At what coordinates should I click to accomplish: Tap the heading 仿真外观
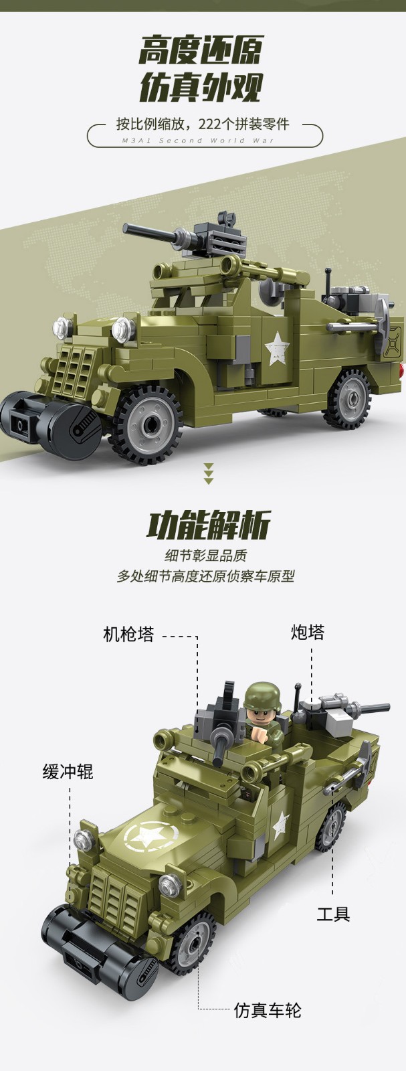point(201,88)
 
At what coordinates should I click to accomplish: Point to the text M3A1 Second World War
point(198,141)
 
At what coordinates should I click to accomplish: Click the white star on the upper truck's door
point(277,348)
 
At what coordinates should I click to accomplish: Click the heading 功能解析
point(208,525)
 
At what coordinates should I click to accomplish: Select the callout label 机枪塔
point(129,635)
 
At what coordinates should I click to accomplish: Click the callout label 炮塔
point(308,632)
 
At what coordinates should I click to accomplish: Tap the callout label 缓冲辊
point(68,772)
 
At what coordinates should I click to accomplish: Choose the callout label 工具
point(333,913)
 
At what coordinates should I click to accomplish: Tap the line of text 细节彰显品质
point(206,556)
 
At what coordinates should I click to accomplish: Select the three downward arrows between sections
point(209,474)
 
